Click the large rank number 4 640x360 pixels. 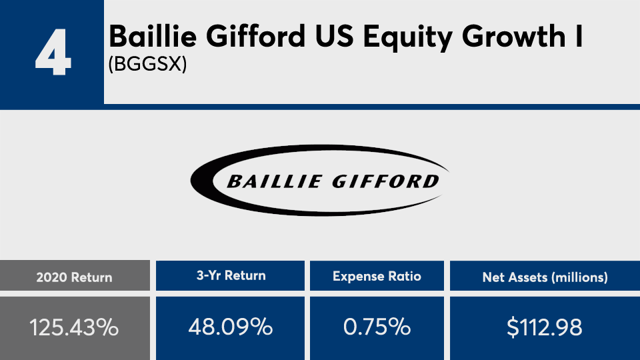tap(53, 52)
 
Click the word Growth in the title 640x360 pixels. tap(513, 36)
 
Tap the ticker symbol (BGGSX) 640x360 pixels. tap(147, 64)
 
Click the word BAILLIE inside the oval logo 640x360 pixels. tap(274, 181)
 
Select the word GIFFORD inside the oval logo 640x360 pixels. tap(386, 181)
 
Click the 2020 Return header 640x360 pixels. tap(74, 277)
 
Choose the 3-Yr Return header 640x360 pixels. tap(231, 275)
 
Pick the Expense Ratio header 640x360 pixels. tap(377, 276)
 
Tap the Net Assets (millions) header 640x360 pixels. tap(545, 277)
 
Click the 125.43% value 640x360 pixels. tap(74, 327)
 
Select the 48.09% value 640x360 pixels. tap(231, 327)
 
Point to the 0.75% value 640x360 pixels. tap(377, 327)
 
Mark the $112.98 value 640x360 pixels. tap(545, 327)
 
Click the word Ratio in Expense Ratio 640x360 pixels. tap(405, 276)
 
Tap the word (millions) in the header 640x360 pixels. tap(579, 278)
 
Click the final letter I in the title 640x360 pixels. tap(579, 36)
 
